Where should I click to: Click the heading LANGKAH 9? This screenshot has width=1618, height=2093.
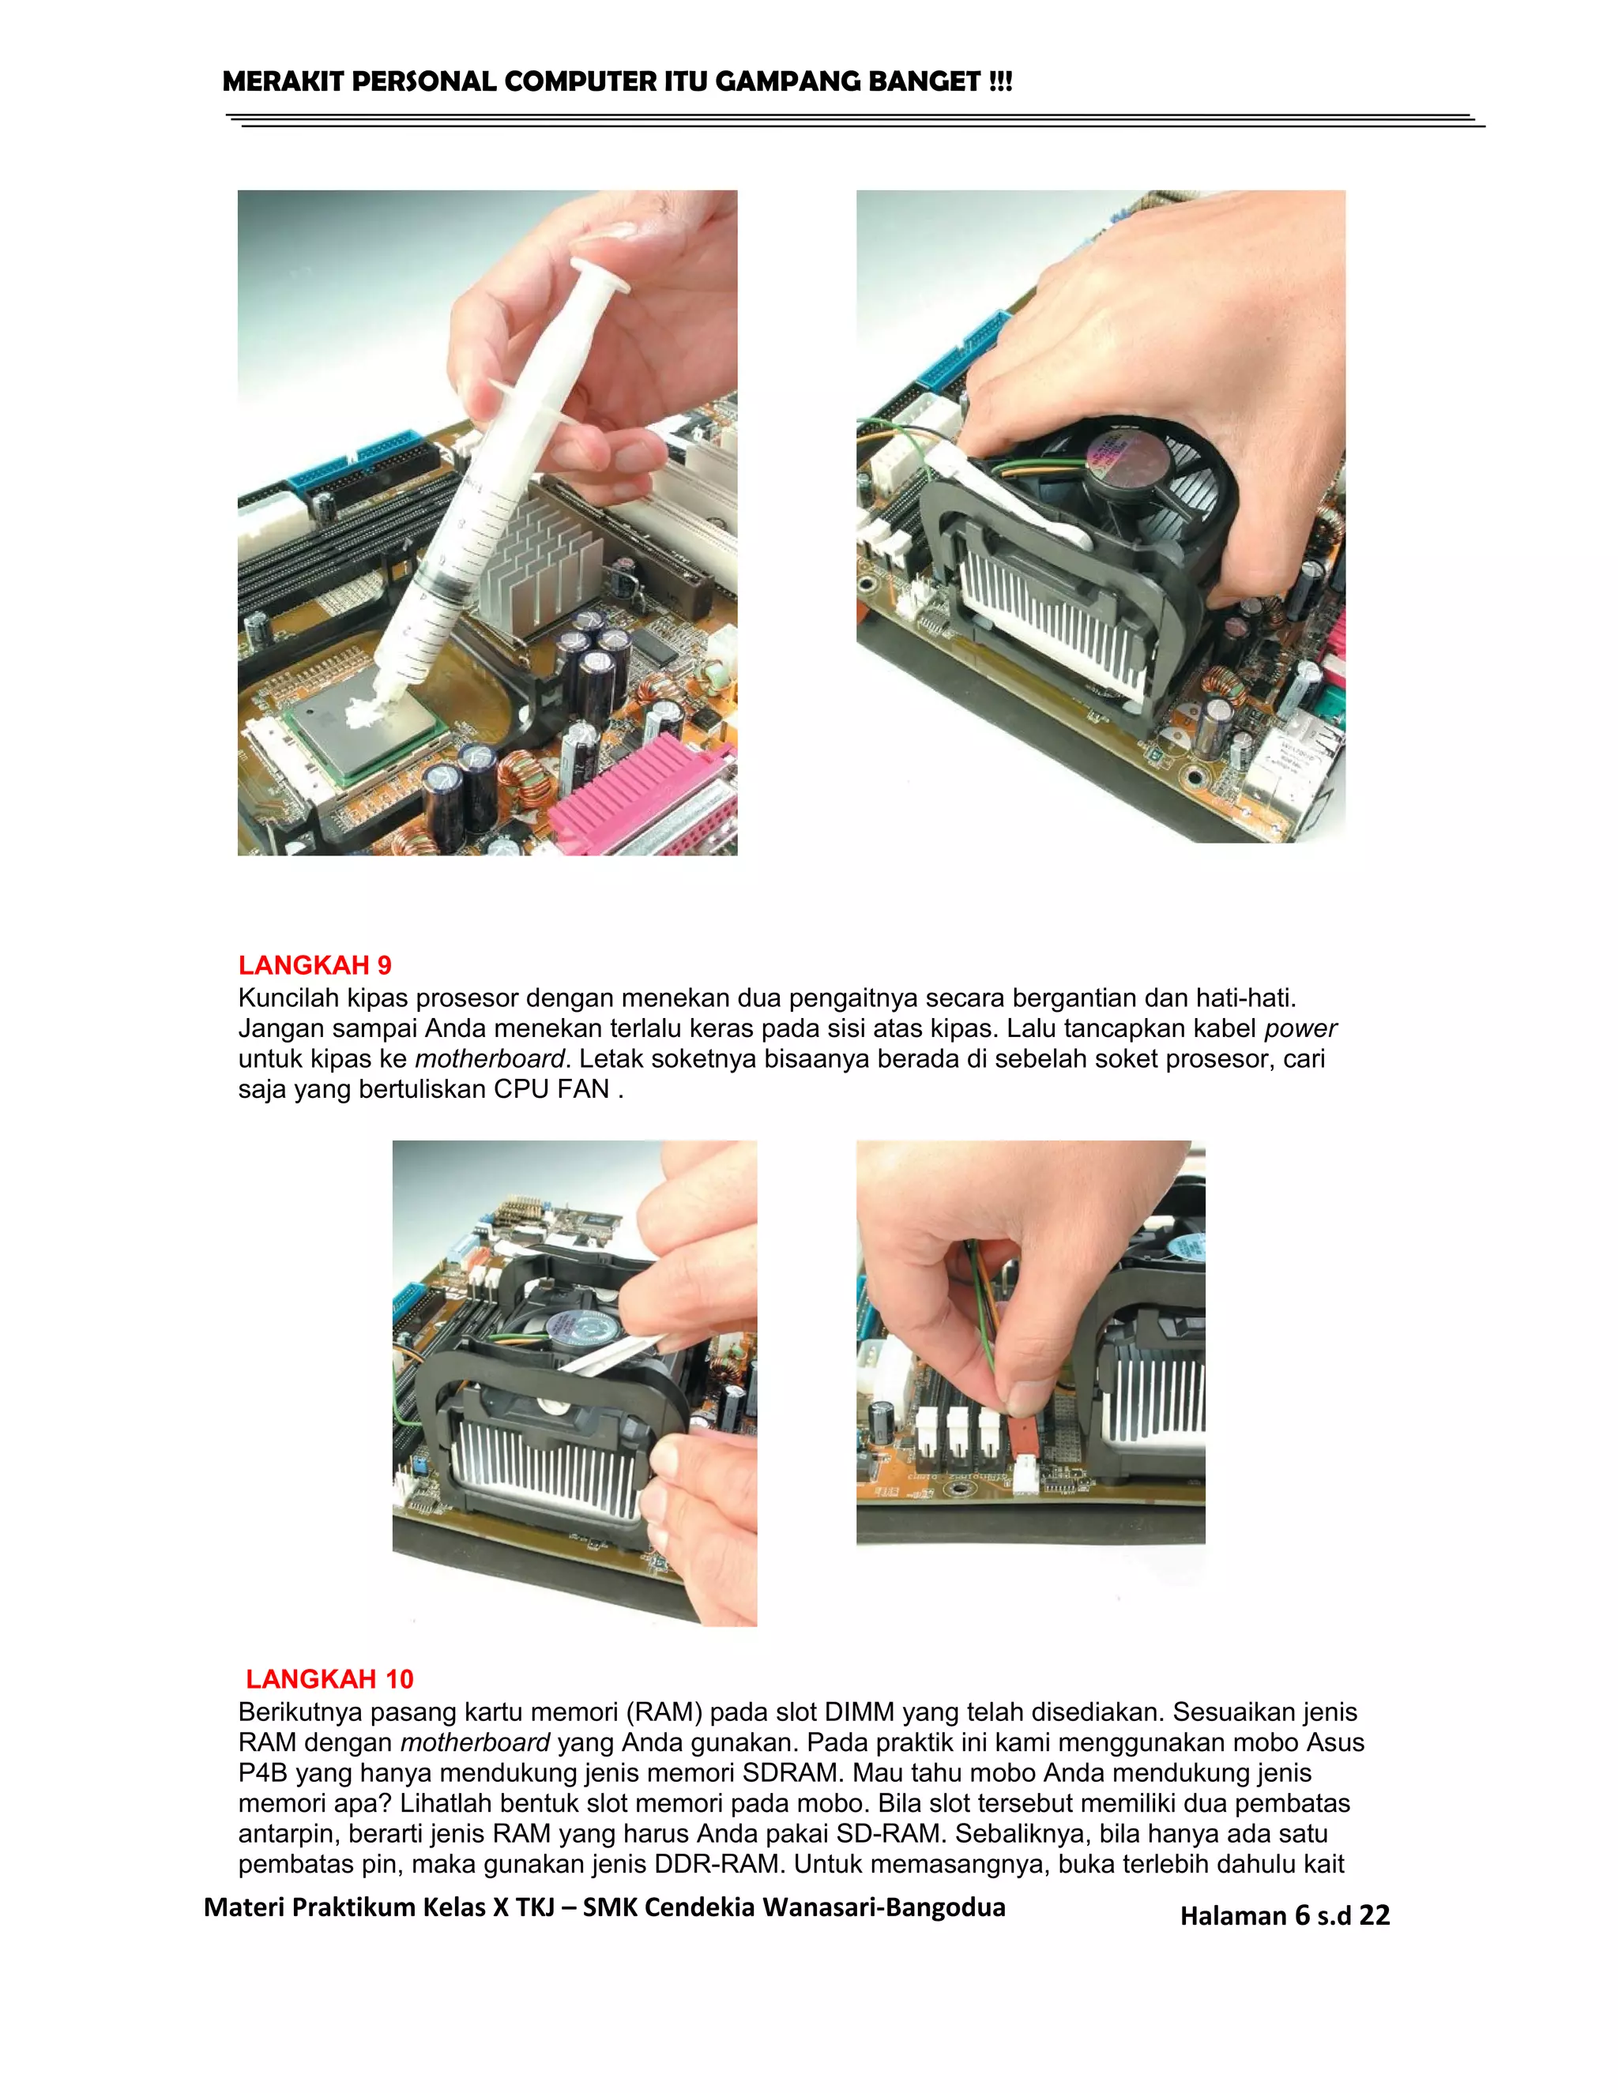click(x=314, y=965)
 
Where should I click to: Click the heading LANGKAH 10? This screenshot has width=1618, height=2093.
click(x=329, y=1678)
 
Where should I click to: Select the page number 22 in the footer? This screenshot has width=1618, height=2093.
click(x=1374, y=1915)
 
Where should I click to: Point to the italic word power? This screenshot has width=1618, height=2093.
click(x=1300, y=1028)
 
